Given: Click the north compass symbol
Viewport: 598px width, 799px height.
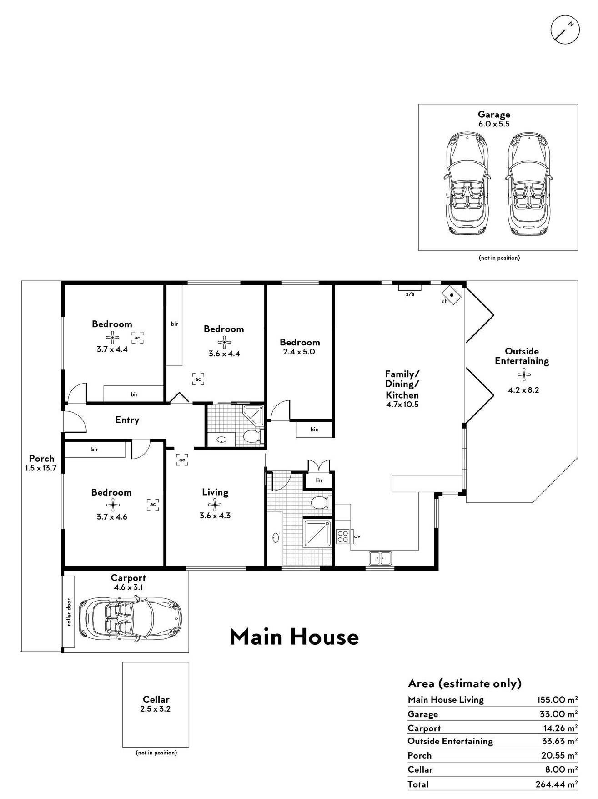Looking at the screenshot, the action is coord(565,30).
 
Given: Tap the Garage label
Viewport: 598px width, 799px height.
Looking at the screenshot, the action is coord(493,115).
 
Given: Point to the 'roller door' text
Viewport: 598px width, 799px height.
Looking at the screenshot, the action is coord(69,612).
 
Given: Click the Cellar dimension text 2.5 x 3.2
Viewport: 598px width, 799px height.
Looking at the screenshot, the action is coord(156,709).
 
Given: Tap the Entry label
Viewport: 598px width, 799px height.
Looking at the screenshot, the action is coord(127,420).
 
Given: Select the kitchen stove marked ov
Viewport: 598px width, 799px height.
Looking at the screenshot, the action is coord(342,536).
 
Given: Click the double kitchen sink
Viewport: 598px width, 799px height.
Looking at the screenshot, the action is coord(380,557).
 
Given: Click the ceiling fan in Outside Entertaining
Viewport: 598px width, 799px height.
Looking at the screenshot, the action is coord(524,376).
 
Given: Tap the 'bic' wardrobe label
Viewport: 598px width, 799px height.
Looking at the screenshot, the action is coord(314,430).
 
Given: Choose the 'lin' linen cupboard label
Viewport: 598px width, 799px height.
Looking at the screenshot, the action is coord(319,480).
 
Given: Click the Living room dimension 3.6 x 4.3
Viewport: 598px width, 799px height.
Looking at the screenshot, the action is coord(215,516).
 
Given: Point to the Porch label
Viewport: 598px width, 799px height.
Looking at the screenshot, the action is coord(41,458).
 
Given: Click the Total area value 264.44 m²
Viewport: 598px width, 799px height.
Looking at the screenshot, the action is coord(557,784).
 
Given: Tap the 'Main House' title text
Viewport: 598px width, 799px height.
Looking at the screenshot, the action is coord(294,637).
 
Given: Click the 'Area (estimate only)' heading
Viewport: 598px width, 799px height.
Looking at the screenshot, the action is coord(465,683).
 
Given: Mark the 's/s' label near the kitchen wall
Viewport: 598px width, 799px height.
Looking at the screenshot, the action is coord(410,294).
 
